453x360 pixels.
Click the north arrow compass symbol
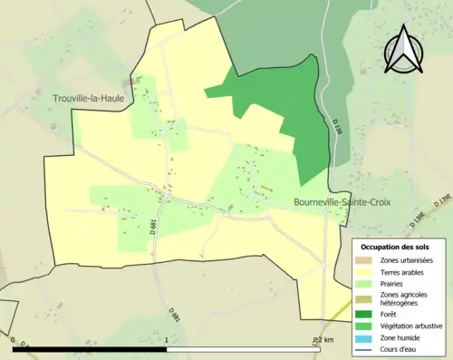tap(403, 50)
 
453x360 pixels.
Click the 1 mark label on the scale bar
tap(169, 340)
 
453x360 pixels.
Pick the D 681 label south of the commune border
tap(175, 313)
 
